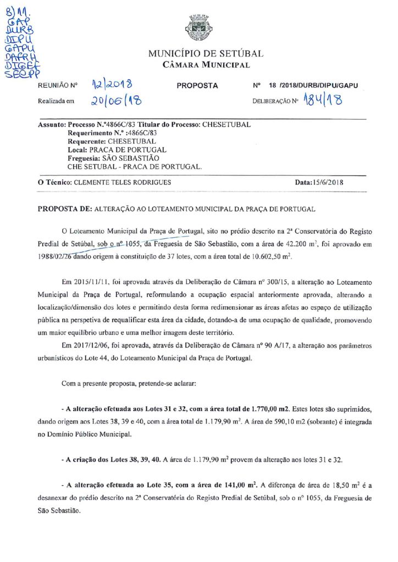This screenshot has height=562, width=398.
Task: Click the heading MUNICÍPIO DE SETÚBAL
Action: coord(206,54)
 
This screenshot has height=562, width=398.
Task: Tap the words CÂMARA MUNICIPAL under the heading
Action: coord(206,65)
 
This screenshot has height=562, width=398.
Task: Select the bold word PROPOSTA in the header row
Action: coord(197,86)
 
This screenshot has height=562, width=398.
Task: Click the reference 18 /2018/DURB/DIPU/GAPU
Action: coord(313,86)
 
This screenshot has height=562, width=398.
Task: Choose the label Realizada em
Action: coord(56,102)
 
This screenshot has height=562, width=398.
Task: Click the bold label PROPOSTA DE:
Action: coord(64,209)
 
